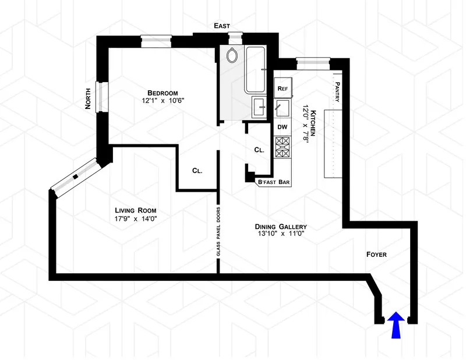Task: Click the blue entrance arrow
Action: pyautogui.click(x=396, y=325)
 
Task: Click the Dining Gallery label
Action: pyautogui.click(x=280, y=227)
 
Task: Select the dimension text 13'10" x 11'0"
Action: pyautogui.click(x=280, y=235)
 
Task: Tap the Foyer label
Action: pyautogui.click(x=376, y=255)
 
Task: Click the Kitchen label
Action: pyautogui.click(x=313, y=123)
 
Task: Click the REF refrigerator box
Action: pyautogui.click(x=283, y=89)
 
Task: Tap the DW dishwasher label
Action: pyautogui.click(x=283, y=126)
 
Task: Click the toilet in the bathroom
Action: pyautogui.click(x=232, y=57)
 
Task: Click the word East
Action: pyautogui.click(x=221, y=26)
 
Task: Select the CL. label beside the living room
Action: pyautogui.click(x=197, y=171)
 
